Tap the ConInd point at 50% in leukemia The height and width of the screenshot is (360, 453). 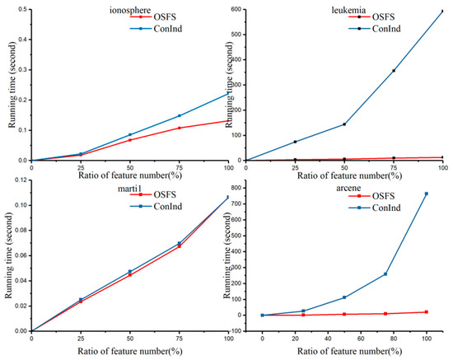pos(344,124)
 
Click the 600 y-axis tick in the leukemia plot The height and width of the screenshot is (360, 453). pos(238,10)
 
